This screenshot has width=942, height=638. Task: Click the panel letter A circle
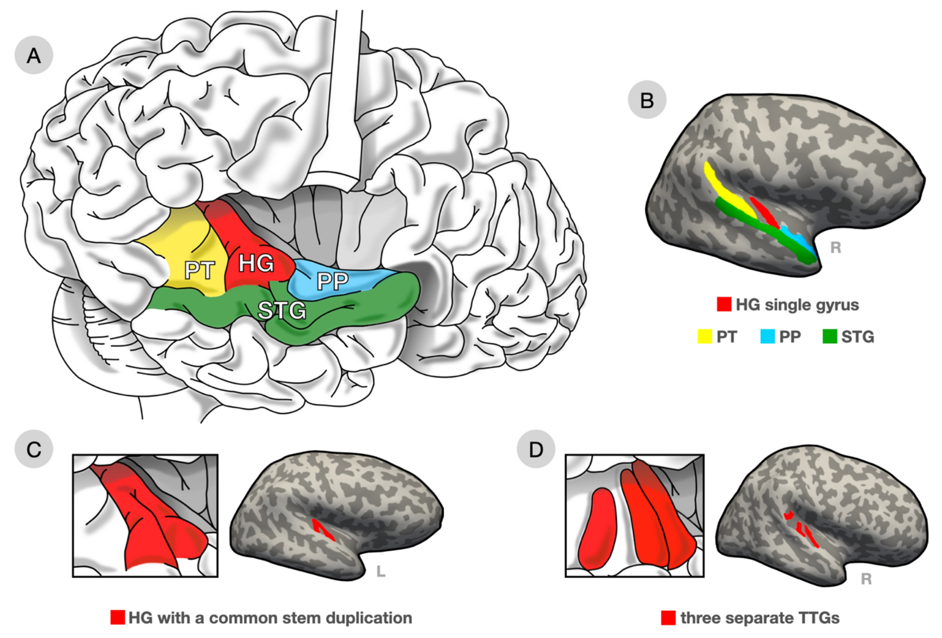point(33,55)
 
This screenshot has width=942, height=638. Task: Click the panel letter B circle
point(647,100)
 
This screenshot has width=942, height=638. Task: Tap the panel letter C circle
point(33,449)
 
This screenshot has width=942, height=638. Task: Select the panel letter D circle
point(536,449)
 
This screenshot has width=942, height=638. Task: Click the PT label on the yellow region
point(199,270)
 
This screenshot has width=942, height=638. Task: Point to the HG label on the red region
point(256,264)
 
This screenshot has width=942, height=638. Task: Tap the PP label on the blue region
point(332,281)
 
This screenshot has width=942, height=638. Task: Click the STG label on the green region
point(282,310)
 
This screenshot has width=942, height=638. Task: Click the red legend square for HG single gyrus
point(724,304)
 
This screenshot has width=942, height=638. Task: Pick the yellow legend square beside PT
point(705,336)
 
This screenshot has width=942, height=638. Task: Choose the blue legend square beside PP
point(767,336)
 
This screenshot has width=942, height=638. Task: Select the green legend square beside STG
point(830,336)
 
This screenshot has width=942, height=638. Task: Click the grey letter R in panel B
point(835,247)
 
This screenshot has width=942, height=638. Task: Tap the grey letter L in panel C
point(380,572)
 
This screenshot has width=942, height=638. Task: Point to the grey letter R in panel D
point(866,578)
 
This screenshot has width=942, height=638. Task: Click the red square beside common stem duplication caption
point(118,617)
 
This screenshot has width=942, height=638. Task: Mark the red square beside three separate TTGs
point(668,617)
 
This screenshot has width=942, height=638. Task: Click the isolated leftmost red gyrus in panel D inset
point(597,529)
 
